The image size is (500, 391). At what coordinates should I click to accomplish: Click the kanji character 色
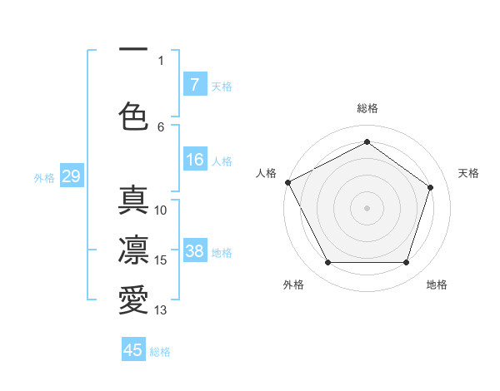click(133, 116)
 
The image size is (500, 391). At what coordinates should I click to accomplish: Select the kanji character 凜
click(133, 250)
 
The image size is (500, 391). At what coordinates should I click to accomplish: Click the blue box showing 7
click(194, 84)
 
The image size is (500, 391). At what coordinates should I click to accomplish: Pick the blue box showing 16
click(194, 160)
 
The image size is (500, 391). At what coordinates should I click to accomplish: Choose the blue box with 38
click(194, 251)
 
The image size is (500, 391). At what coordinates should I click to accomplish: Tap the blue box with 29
click(71, 176)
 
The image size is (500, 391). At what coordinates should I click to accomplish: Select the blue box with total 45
click(133, 350)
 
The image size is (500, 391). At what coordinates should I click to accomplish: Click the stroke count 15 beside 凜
click(161, 260)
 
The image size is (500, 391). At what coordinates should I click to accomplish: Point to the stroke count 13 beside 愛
click(161, 310)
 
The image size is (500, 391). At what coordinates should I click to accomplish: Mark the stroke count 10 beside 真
click(161, 210)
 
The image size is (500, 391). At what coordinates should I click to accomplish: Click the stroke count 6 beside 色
click(161, 126)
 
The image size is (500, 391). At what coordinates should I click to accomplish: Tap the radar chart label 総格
click(367, 108)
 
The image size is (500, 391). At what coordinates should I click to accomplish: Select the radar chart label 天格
click(468, 173)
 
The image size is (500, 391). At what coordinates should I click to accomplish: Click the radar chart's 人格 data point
click(287, 182)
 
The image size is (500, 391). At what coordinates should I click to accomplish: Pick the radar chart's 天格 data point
click(431, 187)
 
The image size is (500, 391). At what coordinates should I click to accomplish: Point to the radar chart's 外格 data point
click(327, 263)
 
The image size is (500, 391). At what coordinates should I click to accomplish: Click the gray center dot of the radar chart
click(367, 207)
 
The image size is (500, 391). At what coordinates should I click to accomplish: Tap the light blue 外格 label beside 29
click(44, 177)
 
